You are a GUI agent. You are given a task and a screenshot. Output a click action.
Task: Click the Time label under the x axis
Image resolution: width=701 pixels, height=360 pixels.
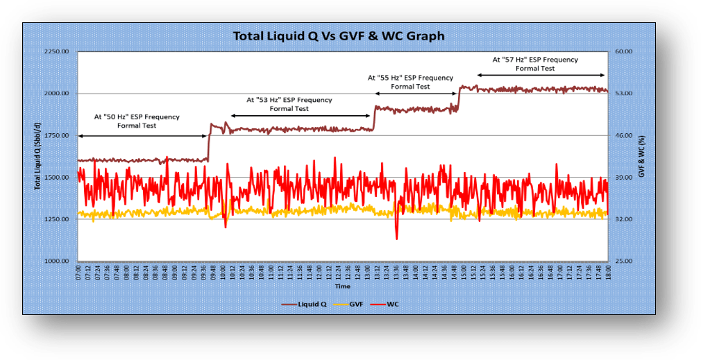342,286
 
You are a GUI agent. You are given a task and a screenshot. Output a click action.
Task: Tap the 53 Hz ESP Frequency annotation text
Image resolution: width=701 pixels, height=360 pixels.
289,104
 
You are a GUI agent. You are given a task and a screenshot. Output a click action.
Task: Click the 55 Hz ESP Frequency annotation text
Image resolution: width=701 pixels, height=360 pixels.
410,82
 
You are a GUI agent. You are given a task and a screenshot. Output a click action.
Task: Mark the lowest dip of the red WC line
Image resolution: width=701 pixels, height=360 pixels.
396,239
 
